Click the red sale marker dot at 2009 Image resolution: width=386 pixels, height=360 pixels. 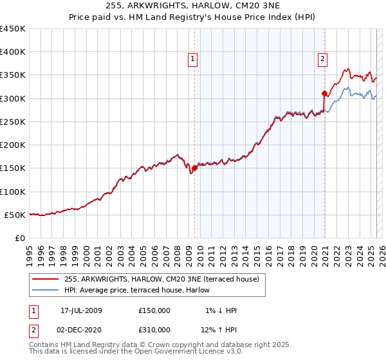[x=194, y=168]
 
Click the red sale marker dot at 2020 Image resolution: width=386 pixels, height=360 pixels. [x=324, y=94]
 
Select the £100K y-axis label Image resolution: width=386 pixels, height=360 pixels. [x=14, y=192]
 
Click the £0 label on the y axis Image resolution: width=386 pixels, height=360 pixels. [x=20, y=238]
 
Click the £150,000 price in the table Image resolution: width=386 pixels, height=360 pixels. [x=154, y=310]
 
